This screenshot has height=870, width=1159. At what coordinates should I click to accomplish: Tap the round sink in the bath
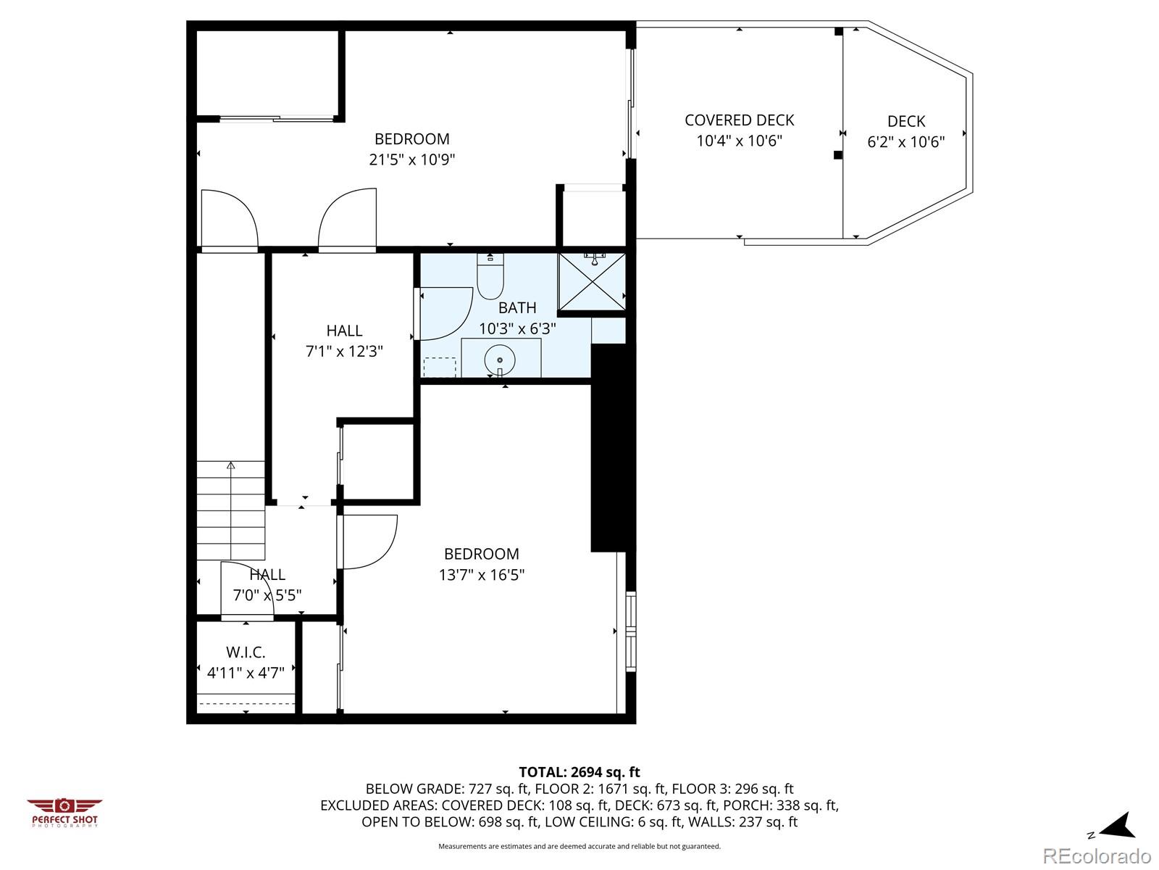click(x=499, y=360)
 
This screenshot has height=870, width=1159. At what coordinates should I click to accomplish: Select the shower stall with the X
click(x=593, y=281)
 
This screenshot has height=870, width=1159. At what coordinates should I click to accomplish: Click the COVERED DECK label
click(x=740, y=120)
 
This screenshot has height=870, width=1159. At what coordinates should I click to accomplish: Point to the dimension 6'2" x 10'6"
click(x=906, y=142)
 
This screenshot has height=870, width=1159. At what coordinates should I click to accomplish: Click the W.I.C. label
click(x=246, y=652)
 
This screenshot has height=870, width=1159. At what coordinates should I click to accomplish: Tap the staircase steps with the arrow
click(x=231, y=510)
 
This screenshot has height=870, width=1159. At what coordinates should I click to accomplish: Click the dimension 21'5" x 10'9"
click(x=412, y=159)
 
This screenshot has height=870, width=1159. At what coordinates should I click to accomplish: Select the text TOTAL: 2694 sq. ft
click(x=579, y=772)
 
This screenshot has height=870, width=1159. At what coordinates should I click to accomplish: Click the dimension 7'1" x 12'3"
click(x=344, y=352)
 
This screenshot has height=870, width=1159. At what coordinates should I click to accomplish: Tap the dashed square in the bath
click(x=439, y=368)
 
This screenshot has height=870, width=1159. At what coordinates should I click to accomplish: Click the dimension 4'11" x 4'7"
click(x=246, y=673)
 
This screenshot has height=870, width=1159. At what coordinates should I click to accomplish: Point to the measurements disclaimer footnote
click(x=579, y=846)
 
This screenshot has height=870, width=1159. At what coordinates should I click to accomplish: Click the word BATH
click(x=517, y=307)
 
